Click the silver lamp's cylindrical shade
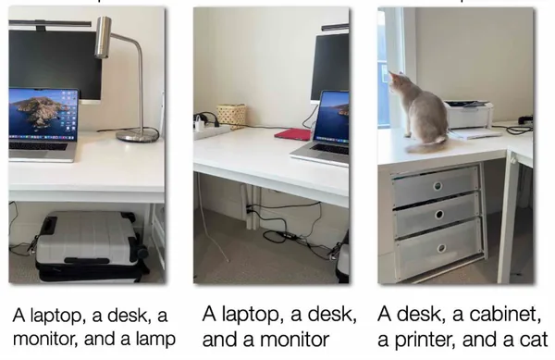point(103,37)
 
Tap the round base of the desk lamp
point(137,134)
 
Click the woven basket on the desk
point(231,114)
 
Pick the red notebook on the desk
point(292,134)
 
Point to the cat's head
point(397,82)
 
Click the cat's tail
point(426,144)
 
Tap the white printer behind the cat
point(469,114)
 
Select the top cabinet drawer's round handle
point(438,186)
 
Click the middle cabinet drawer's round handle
point(439,215)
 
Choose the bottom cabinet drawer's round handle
point(441,248)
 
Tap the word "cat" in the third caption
point(534,340)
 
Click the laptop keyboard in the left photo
point(38,146)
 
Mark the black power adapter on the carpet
point(286,235)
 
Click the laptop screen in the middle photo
point(332,116)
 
